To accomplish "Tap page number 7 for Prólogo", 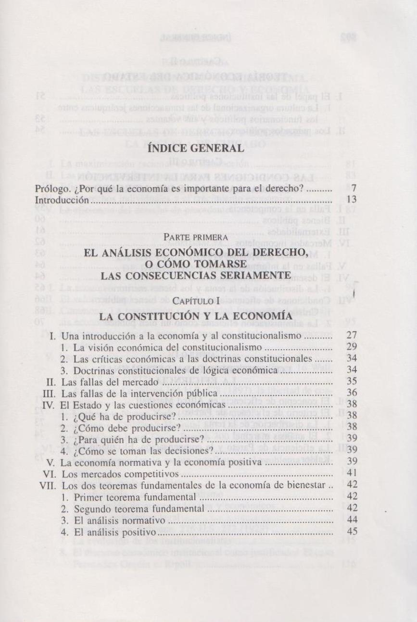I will (354, 189).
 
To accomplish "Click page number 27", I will (352, 335).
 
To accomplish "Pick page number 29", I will (352, 347).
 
